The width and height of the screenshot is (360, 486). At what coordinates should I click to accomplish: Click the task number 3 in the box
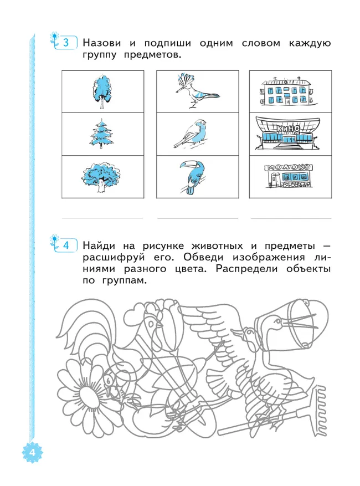click(66, 43)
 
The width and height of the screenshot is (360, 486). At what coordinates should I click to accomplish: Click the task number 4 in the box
click(66, 244)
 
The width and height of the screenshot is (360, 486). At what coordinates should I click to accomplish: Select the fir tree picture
click(101, 134)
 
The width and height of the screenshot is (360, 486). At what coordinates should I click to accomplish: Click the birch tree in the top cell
click(101, 91)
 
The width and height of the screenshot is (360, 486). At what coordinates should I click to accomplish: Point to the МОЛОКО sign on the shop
click(290, 167)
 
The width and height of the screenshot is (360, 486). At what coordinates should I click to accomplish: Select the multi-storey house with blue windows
click(290, 91)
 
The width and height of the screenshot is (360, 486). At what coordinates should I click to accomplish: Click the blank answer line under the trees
click(101, 217)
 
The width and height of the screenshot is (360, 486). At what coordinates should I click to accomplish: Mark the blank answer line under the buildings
click(291, 217)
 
